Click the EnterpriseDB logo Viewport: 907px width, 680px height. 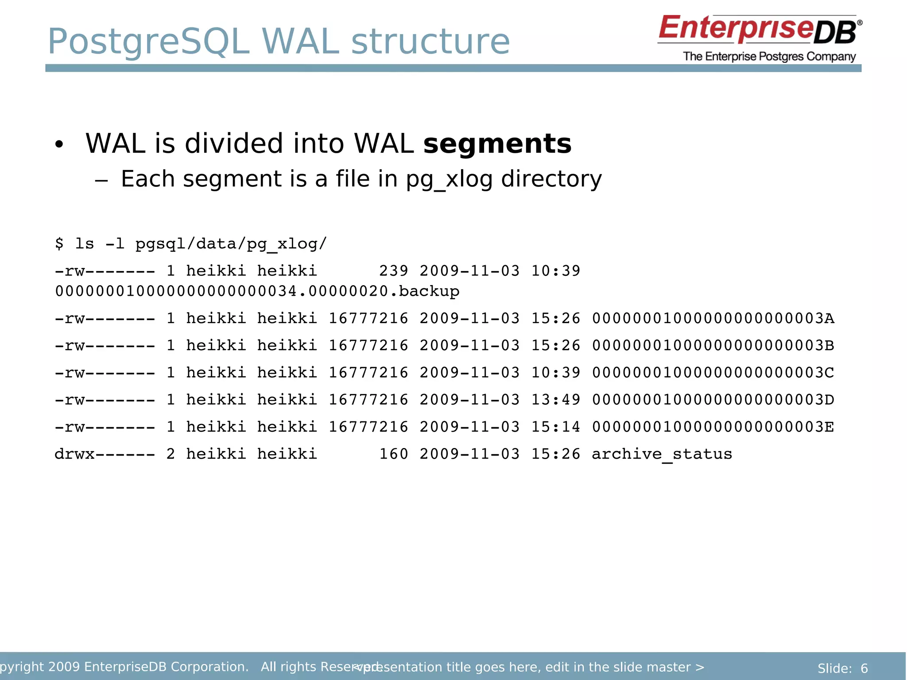[759, 30]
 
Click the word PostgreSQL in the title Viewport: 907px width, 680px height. [149, 42]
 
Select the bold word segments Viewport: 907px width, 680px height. [497, 144]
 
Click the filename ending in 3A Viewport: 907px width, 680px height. [713, 318]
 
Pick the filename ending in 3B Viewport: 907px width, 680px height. [713, 345]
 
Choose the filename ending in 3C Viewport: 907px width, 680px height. [713, 373]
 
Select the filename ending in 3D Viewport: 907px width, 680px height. [713, 400]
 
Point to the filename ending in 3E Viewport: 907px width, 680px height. [713, 427]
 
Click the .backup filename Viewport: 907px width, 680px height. [257, 291]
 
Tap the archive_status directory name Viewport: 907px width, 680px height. [662, 454]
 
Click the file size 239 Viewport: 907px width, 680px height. [394, 271]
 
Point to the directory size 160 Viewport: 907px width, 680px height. [394, 454]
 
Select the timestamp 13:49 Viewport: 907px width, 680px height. [555, 400]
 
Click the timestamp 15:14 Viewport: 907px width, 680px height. [555, 427]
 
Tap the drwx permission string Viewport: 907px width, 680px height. [105, 454]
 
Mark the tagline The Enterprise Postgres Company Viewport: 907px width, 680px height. [769, 57]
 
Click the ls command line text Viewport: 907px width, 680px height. [190, 244]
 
